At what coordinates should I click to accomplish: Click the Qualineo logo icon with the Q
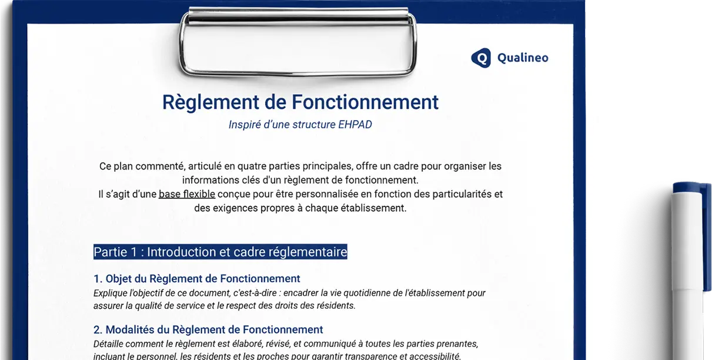click(481, 58)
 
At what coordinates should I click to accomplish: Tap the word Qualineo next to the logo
click(523, 58)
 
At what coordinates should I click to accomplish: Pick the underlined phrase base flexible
click(186, 194)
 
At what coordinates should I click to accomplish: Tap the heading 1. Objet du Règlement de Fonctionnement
click(196, 279)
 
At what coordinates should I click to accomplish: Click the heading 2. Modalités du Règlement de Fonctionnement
click(208, 329)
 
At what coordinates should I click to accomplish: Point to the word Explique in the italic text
click(111, 293)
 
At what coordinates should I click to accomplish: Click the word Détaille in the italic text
click(109, 344)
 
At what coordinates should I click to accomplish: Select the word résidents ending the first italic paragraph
click(335, 305)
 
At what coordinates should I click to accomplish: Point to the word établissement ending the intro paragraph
click(375, 208)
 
